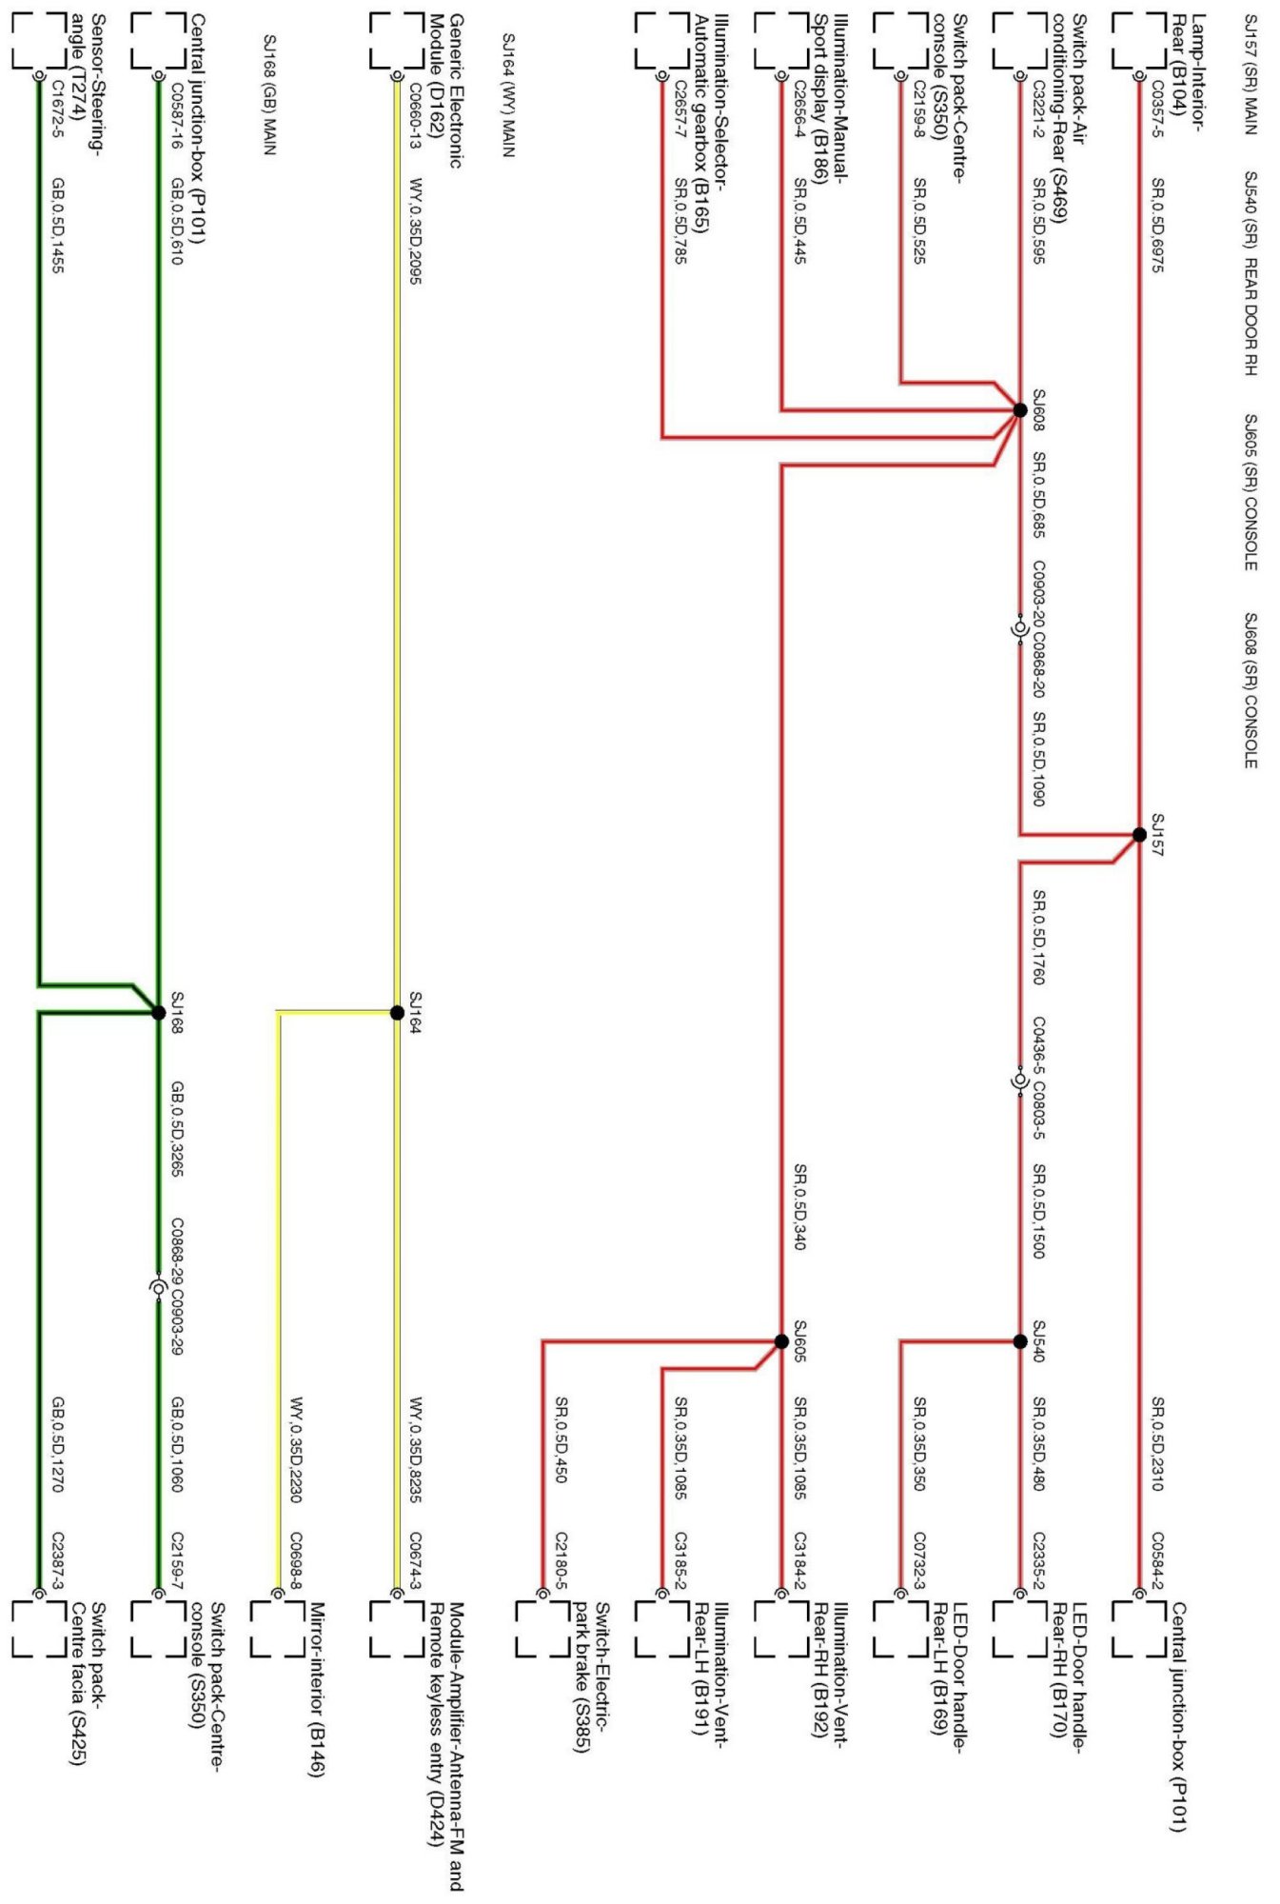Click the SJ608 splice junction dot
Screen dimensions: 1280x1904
click(1020, 410)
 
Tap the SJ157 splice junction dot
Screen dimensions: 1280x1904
click(1139, 835)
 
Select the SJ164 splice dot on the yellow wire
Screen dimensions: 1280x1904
click(398, 1012)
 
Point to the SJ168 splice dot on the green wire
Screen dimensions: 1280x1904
click(159, 1012)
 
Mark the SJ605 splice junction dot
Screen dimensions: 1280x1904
click(781, 1341)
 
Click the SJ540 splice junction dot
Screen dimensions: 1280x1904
click(1020, 1341)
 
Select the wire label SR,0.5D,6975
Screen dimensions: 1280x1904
click(1157, 225)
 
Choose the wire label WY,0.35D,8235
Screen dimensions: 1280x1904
click(415, 1449)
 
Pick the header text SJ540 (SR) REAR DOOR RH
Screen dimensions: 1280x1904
click(1250, 273)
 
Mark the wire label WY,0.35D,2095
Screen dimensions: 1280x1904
click(415, 230)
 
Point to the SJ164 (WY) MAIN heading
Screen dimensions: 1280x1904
click(509, 95)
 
